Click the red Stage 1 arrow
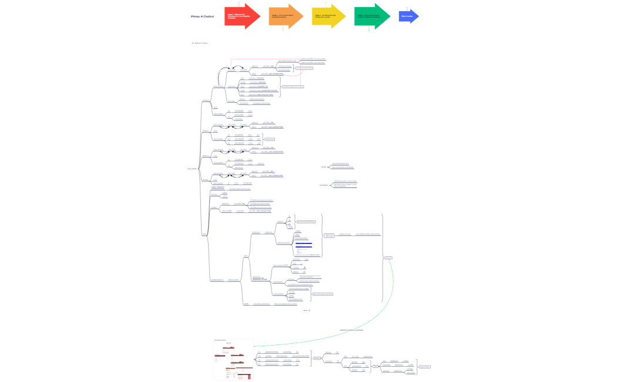[242, 16]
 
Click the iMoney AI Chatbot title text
[202, 16]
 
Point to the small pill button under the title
[200, 43]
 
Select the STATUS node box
[389, 258]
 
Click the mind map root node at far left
[191, 169]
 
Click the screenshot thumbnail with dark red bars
[233, 358]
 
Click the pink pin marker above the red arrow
[239, 3]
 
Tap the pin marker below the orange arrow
[283, 29]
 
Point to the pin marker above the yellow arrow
[326, 3]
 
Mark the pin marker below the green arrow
[369, 29]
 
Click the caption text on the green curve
[351, 330]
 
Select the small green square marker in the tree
[305, 267]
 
